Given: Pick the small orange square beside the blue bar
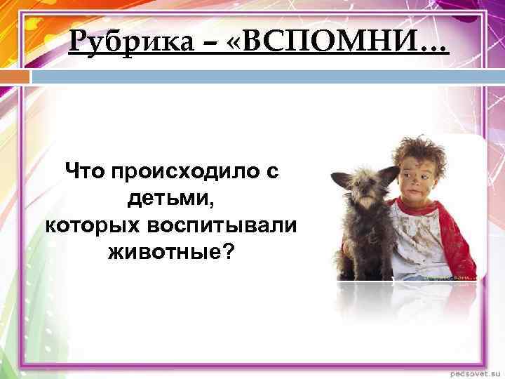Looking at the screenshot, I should [x=22, y=74].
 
